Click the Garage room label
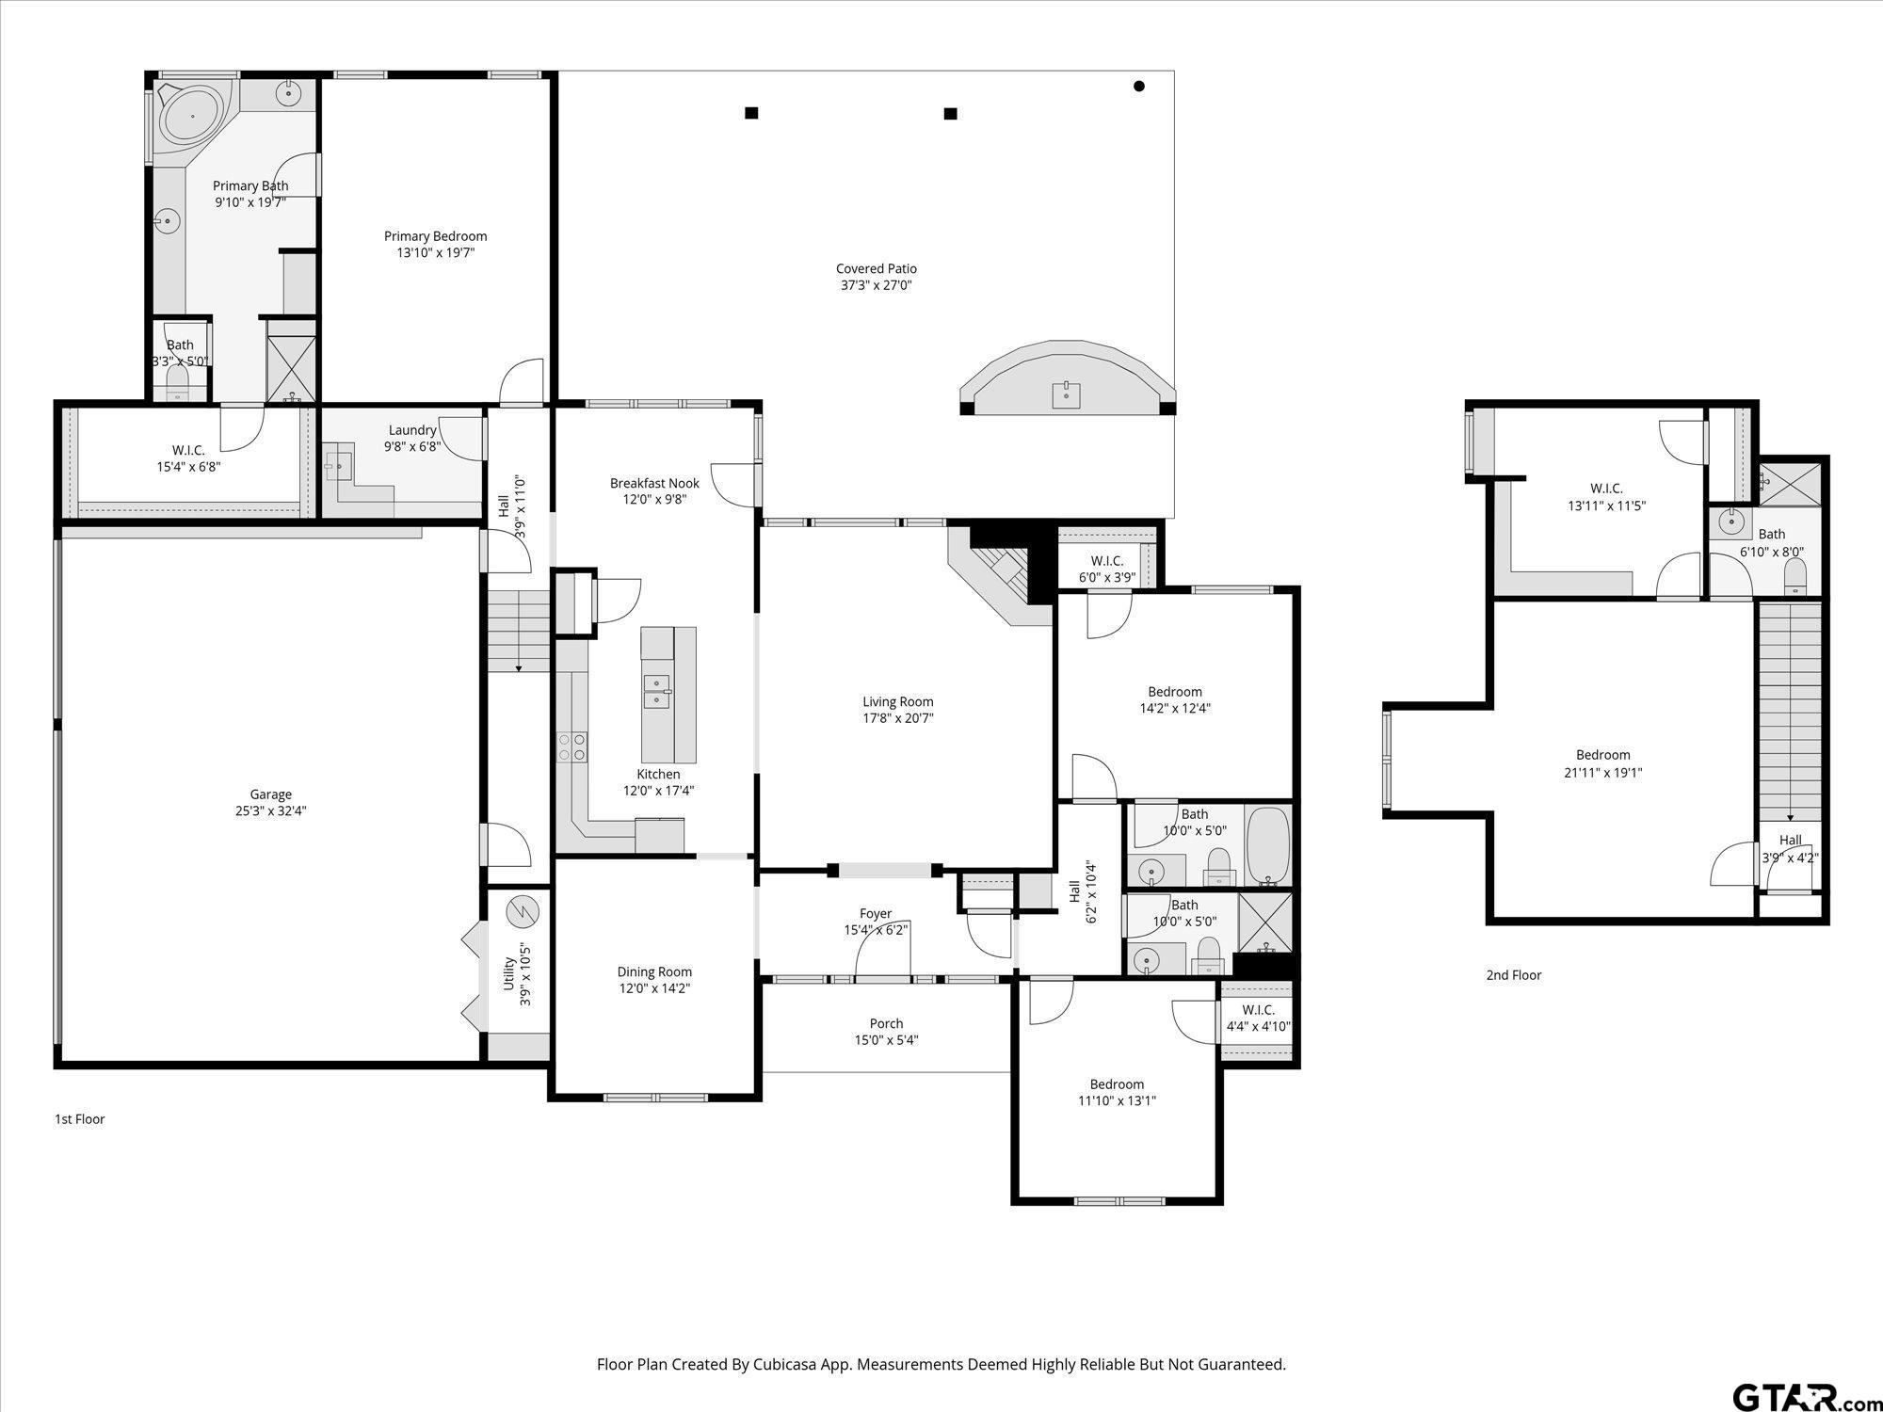click(270, 794)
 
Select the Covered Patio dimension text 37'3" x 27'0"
click(876, 285)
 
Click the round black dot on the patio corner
click(1138, 87)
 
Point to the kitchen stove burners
click(571, 747)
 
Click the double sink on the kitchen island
click(656, 691)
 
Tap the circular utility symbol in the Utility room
click(521, 911)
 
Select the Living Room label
click(897, 701)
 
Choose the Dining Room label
click(654, 971)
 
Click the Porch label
click(886, 1023)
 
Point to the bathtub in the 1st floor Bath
click(1267, 844)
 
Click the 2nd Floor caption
click(1513, 975)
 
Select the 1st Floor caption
click(80, 1119)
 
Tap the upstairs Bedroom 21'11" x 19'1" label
click(1602, 755)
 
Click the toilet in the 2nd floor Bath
click(1794, 575)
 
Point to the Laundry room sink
click(338, 465)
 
